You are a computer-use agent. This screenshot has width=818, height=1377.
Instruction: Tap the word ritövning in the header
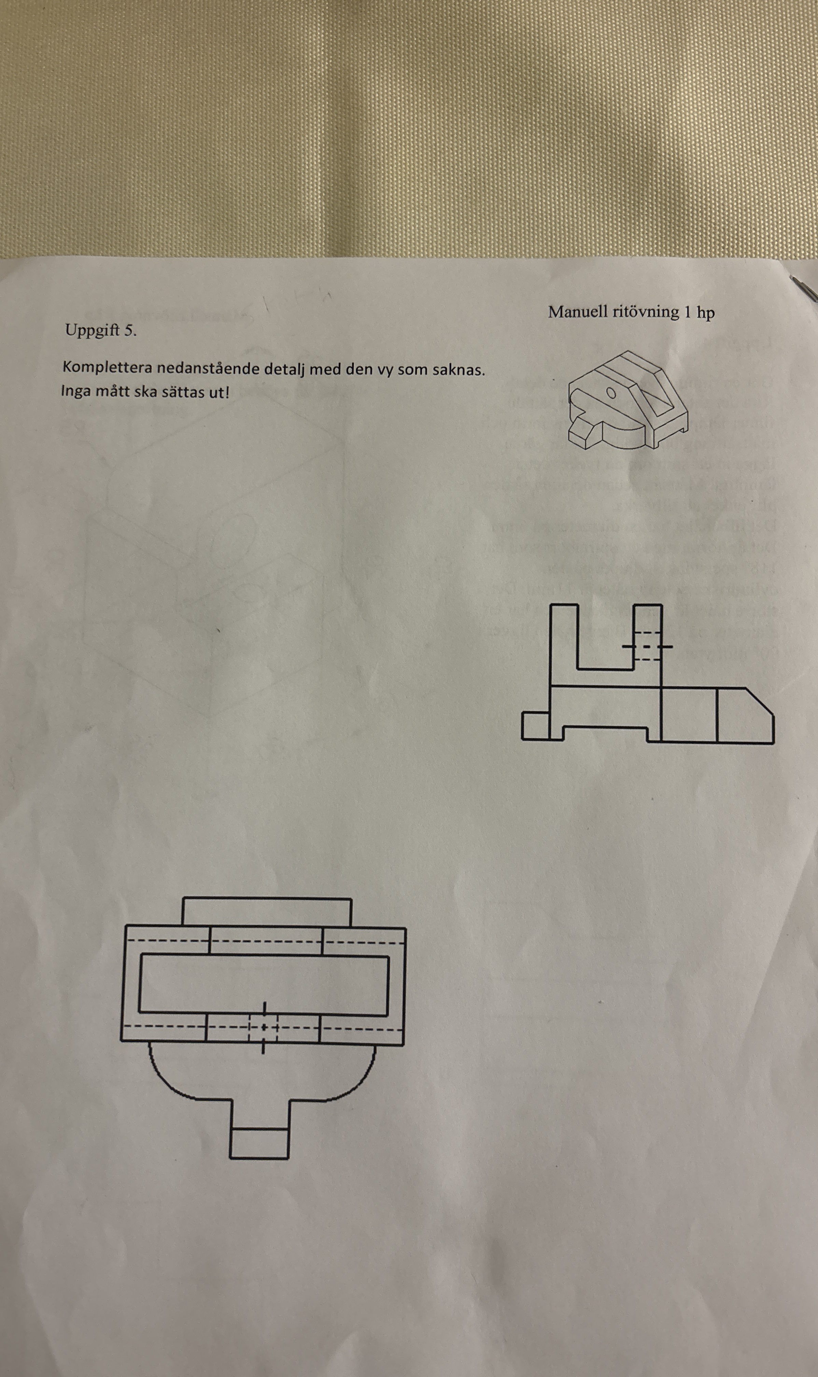[645, 312]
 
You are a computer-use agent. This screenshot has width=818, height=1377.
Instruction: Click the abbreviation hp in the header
[706, 313]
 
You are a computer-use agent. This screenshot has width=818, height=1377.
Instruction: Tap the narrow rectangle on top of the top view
[267, 912]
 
